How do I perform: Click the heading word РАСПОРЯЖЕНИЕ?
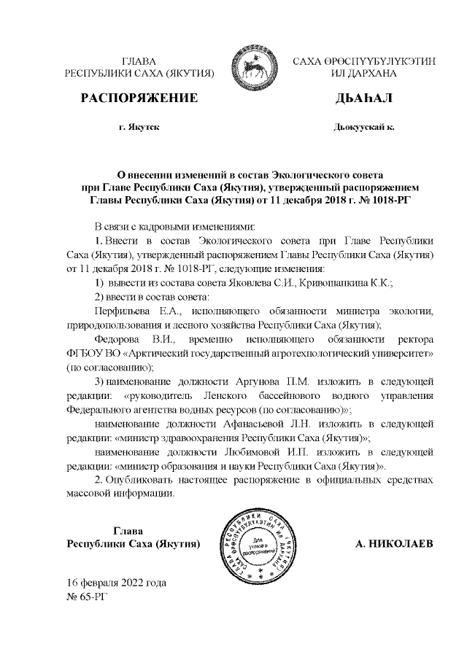pos(139,98)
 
